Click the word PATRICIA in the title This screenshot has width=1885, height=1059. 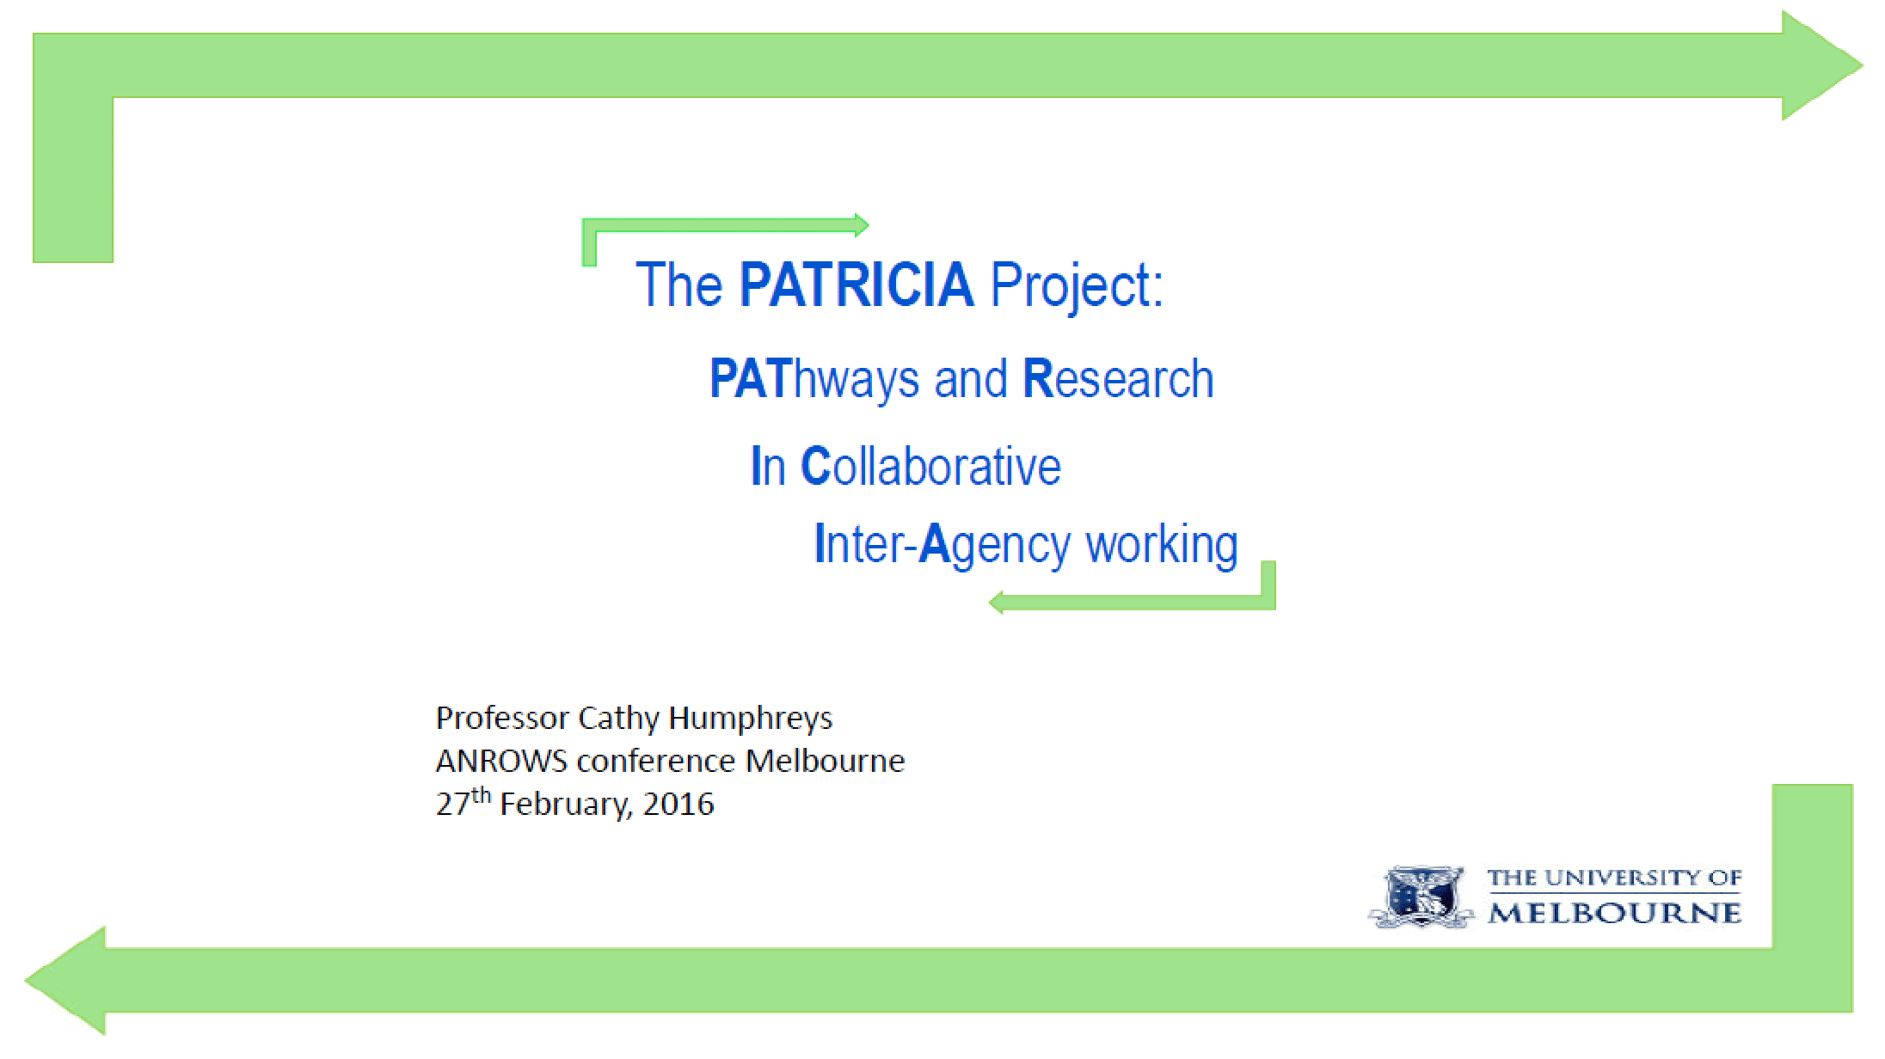click(x=857, y=285)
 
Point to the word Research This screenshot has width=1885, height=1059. click(x=1118, y=379)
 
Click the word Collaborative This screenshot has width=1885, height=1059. click(x=930, y=466)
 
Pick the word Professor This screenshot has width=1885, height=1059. click(x=502, y=718)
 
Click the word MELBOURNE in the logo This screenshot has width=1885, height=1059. click(x=1615, y=912)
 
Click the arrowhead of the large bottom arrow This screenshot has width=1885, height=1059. click(x=65, y=981)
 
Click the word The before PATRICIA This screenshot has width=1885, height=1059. click(x=679, y=285)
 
